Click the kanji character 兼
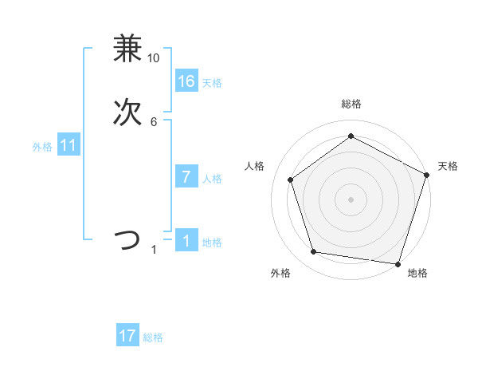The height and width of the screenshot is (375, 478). [x=127, y=49]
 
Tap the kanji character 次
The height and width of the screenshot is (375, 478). [x=127, y=112]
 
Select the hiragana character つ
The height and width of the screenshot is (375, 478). [x=127, y=240]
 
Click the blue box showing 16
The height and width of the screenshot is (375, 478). [x=186, y=81]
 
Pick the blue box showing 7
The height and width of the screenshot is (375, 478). [x=186, y=177]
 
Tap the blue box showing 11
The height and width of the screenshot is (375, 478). [x=69, y=146]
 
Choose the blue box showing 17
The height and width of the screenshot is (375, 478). [x=127, y=336]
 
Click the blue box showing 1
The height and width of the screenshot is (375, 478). [x=186, y=241]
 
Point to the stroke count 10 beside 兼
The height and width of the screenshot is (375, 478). [x=154, y=58]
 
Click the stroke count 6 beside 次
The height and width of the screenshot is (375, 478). [x=154, y=122]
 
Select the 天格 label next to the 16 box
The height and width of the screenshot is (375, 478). [x=212, y=83]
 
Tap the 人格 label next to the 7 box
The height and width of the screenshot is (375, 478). [x=212, y=179]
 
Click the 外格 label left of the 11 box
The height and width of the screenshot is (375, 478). [x=42, y=147]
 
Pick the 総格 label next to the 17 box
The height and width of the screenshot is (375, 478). [x=153, y=337]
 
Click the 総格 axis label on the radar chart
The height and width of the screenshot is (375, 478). [x=351, y=105]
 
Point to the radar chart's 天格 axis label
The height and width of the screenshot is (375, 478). [x=448, y=166]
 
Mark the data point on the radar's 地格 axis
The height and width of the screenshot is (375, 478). [x=398, y=263]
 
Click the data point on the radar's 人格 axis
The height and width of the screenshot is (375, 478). [x=291, y=180]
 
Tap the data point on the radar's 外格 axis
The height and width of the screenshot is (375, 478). [x=314, y=252]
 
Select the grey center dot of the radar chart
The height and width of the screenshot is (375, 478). [x=351, y=199]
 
